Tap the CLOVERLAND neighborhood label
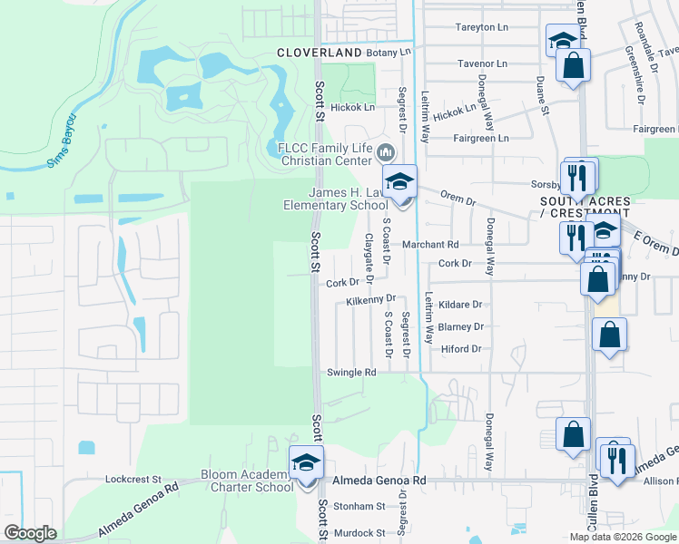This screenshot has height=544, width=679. (x=319, y=53)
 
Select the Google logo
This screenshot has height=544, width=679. (x=30, y=533)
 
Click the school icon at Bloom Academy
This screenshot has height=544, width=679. (x=306, y=464)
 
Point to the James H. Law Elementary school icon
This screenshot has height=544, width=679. (x=399, y=181)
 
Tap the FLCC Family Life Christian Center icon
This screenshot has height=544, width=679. (x=387, y=151)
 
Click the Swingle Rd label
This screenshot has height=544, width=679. (x=350, y=373)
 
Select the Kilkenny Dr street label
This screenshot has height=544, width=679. (x=371, y=299)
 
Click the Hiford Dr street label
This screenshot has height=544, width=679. (x=459, y=349)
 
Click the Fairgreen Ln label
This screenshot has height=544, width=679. (x=480, y=138)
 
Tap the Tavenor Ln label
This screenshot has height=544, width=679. (x=482, y=63)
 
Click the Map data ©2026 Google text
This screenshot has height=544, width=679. (x=621, y=537)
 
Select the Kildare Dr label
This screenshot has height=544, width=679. (x=459, y=305)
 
